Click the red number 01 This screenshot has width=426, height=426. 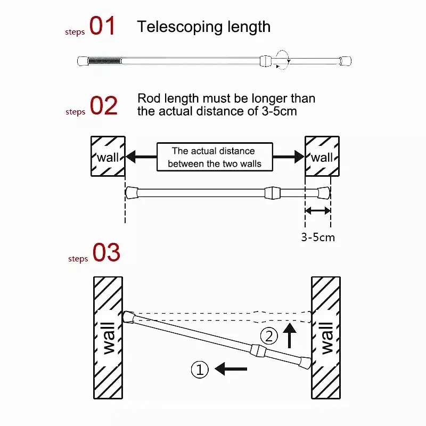pos(102,26)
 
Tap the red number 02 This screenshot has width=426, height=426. pos(103,105)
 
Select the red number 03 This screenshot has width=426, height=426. pos(106,252)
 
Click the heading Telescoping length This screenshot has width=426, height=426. pos(204,27)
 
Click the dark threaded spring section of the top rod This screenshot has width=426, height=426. pos(104,61)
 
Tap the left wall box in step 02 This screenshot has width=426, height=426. pos(108,156)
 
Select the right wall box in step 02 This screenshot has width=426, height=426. pos(322,156)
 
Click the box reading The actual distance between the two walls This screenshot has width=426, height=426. pos(215,157)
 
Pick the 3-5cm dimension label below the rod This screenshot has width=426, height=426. pos(318,237)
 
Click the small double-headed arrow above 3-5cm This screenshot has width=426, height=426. pos(318,210)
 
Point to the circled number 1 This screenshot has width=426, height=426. pos(200,370)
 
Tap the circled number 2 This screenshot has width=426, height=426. pos(269,336)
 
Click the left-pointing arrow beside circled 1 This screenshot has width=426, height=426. pos(231,369)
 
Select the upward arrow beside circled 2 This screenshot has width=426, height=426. pos(290,335)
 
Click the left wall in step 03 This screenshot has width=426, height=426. pos(108,338)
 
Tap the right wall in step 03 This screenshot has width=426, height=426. pos(326,338)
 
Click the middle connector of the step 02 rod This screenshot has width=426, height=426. pos(272,193)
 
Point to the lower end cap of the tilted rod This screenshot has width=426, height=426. pos(306,363)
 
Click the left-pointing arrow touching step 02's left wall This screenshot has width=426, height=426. pos(141,157)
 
